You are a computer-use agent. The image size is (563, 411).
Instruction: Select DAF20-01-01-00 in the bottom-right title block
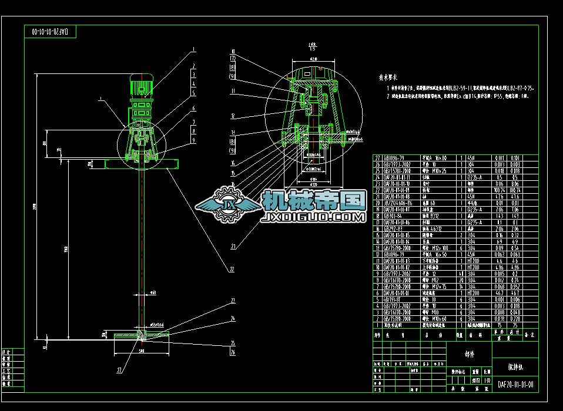(x=515, y=385)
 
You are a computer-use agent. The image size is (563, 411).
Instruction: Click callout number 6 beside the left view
(x=193, y=109)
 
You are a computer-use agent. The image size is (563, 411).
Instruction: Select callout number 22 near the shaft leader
(x=232, y=269)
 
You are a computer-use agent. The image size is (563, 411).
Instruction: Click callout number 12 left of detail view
(x=233, y=116)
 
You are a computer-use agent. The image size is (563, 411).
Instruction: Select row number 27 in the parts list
(x=377, y=158)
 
